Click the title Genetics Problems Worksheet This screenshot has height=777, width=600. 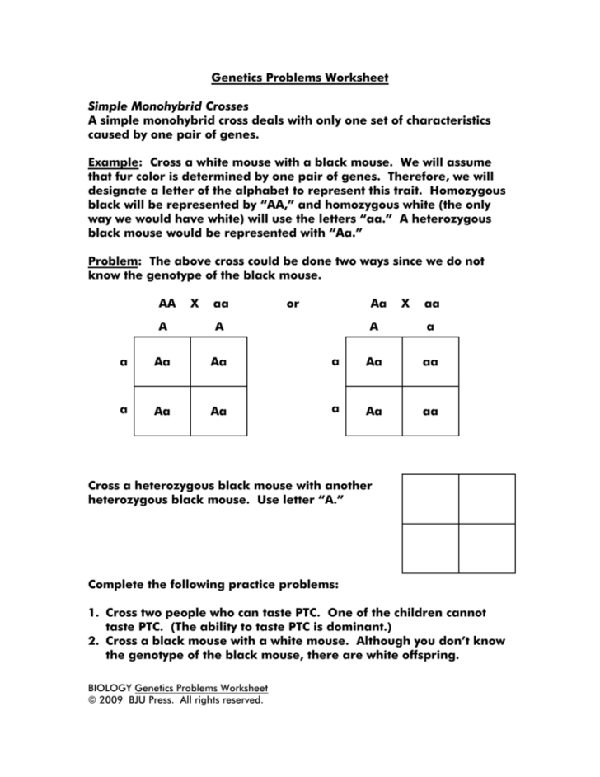pos(299,78)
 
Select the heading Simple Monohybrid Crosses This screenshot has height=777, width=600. pos(168,107)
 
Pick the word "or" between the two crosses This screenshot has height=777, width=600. pos(293,304)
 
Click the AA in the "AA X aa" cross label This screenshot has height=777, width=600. pos(167,304)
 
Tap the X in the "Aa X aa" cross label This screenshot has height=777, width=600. pos(405,304)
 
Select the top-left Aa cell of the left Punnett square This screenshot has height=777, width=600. pos(162,361)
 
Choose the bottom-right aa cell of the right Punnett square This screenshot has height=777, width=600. pos(430,411)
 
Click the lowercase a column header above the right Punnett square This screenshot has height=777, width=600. pos(429,327)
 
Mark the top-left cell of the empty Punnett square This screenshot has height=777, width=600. pos(430,498)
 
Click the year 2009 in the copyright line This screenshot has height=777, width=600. pos(114,700)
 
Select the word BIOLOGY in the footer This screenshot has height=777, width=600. pos(110,688)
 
